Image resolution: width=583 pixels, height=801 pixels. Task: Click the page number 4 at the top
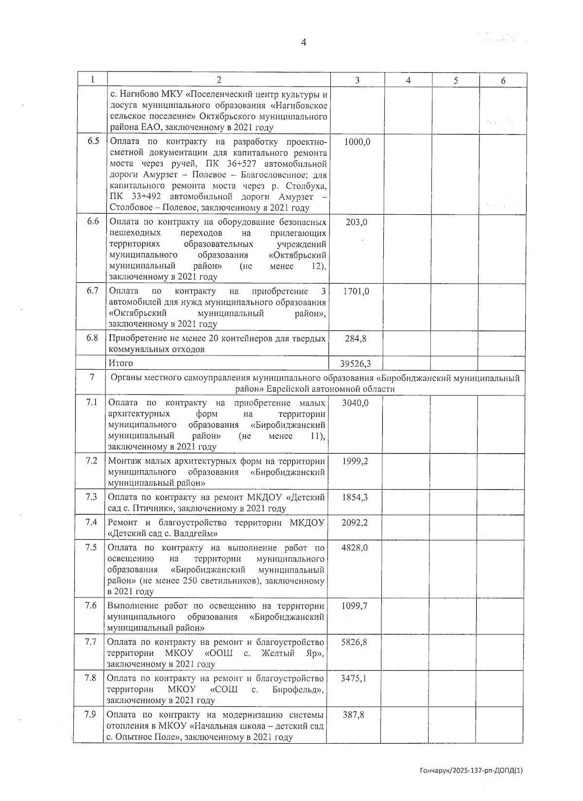coord(304,43)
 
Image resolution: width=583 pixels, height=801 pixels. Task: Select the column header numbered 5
coord(456,81)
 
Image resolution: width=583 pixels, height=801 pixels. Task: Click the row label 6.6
coord(93,222)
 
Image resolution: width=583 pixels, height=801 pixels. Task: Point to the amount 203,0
coord(357,222)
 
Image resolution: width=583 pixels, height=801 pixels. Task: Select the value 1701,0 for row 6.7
coord(356,291)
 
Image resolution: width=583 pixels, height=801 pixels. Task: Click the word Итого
coord(121,363)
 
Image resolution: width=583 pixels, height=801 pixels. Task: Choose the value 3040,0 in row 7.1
coord(355,403)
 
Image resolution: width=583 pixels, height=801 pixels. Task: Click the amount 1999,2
coord(355,461)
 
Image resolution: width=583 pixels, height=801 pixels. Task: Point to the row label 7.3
coord(91,496)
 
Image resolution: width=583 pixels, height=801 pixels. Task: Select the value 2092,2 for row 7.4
coord(355,523)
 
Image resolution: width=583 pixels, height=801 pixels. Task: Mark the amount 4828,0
coord(355,547)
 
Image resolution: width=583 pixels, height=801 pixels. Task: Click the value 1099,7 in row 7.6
coord(354,606)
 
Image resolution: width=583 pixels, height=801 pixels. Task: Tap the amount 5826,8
coord(354,642)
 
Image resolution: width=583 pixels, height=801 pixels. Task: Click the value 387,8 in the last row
coord(353,715)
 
